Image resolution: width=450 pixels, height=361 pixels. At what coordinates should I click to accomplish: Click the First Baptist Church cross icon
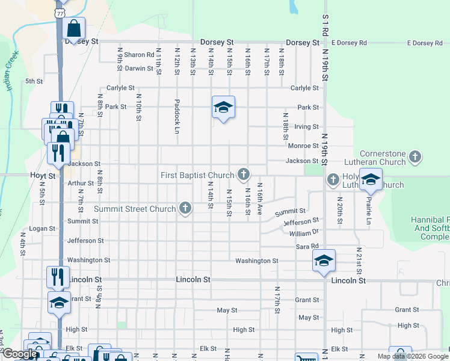pos(244,174)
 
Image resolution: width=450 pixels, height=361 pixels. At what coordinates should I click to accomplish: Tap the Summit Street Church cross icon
pos(185,209)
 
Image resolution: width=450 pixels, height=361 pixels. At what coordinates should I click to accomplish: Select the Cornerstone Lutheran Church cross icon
pos(415,158)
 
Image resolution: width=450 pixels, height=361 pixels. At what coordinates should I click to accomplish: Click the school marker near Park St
pos(223,108)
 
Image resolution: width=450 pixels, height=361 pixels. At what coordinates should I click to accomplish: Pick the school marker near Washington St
pos(324,261)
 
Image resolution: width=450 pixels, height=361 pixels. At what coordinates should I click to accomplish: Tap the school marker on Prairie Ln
pos(371,180)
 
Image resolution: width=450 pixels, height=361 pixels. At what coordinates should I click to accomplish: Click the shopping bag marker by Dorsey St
pos(74,28)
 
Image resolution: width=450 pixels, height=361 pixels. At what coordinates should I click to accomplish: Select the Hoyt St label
pos(43,176)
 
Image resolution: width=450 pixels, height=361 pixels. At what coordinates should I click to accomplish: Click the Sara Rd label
pos(306,247)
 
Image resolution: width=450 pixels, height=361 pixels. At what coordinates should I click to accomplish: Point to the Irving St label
pos(306,126)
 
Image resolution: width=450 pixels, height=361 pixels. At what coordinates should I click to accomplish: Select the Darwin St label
pos(139,69)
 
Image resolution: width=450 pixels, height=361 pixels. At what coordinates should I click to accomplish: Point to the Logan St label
pos(42,229)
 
